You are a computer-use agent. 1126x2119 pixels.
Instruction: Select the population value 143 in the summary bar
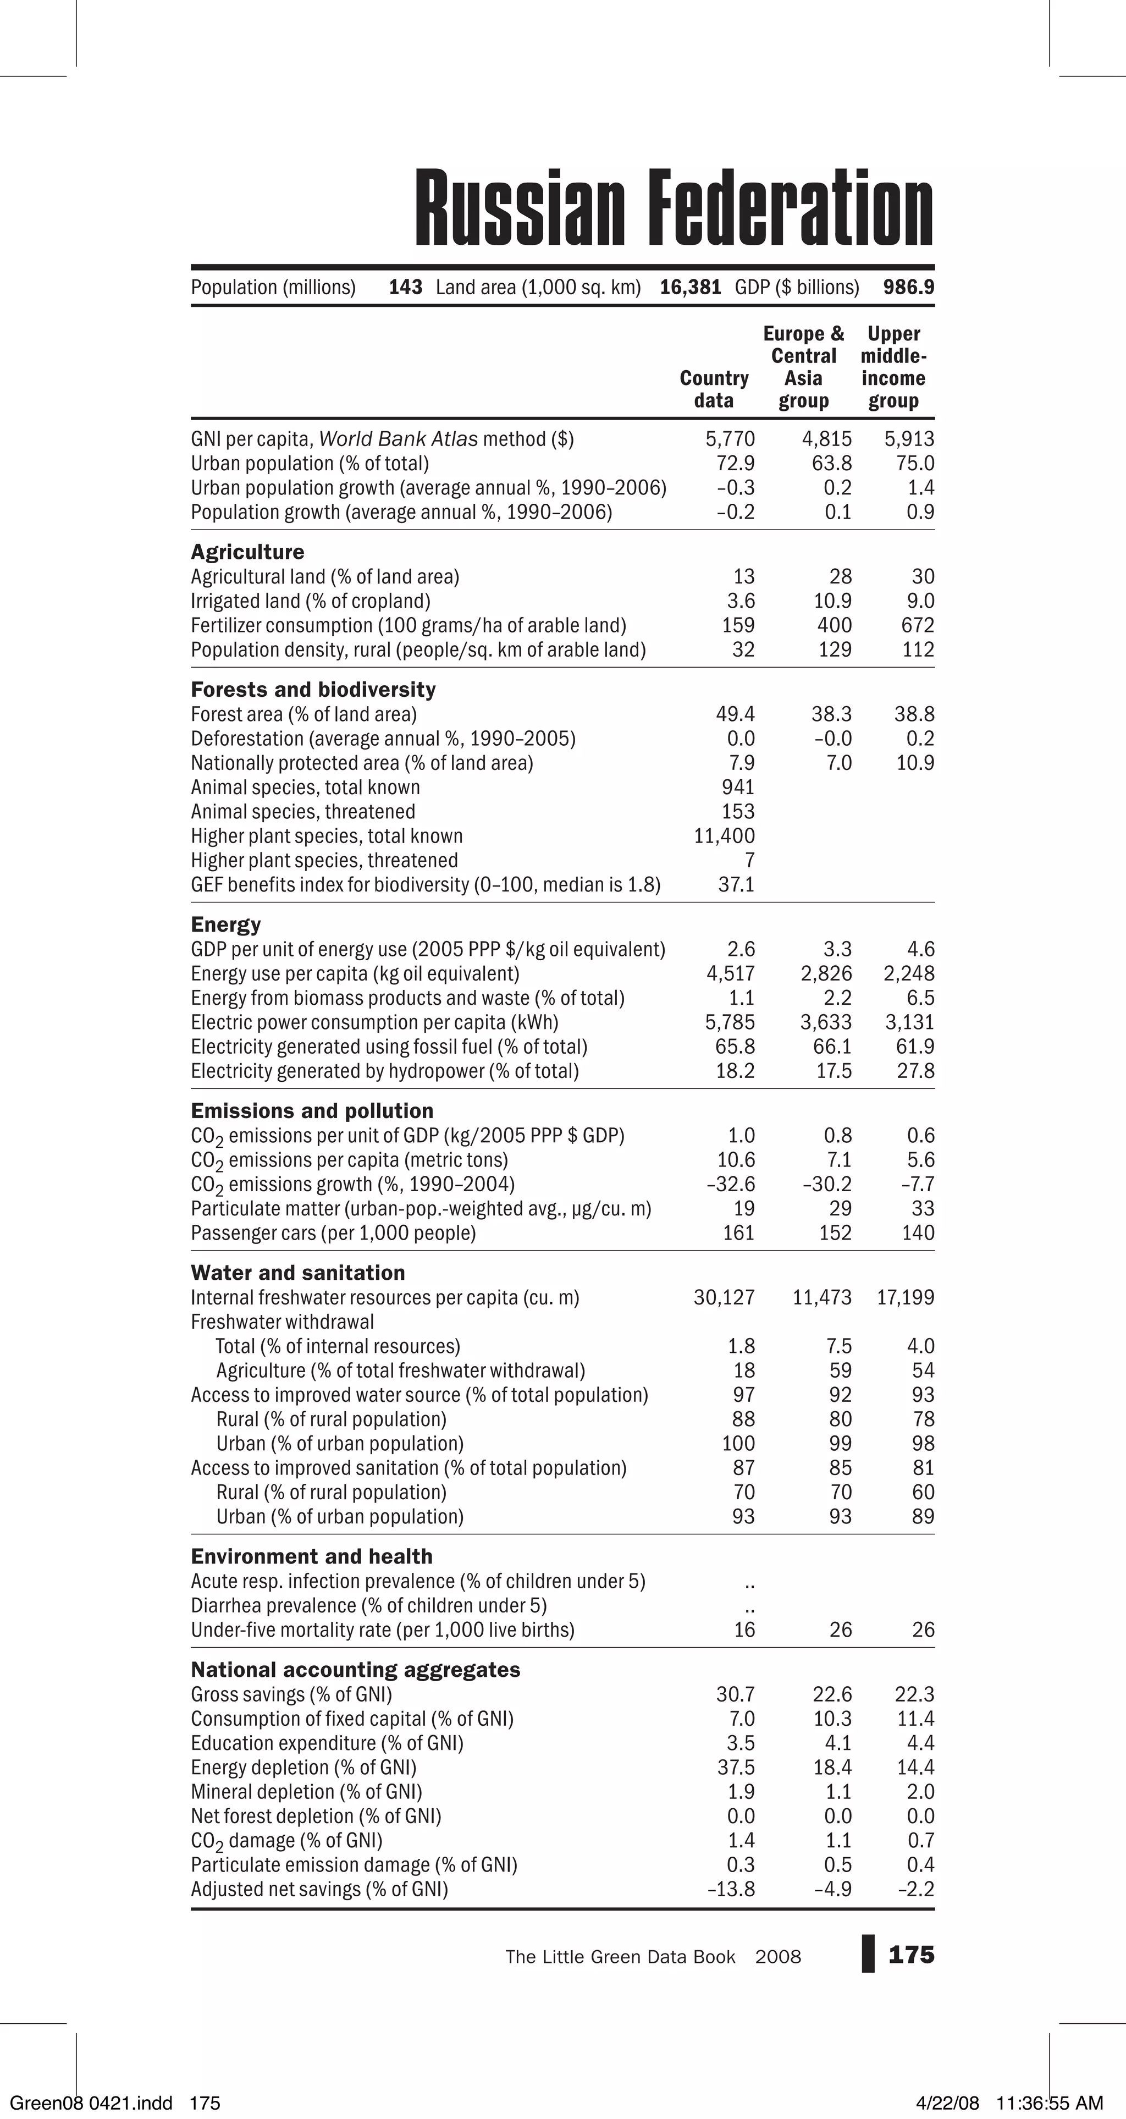(x=406, y=287)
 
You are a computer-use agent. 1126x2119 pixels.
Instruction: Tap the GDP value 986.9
(x=908, y=287)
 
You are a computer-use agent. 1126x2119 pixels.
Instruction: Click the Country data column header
(x=714, y=389)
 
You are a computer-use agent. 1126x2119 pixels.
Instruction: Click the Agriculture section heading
(x=247, y=552)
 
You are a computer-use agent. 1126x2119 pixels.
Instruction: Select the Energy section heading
(x=226, y=924)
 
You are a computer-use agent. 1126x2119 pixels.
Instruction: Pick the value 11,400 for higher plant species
(x=724, y=836)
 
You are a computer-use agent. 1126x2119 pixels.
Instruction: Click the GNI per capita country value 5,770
(x=730, y=439)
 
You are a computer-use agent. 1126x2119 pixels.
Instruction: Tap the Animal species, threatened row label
(x=303, y=812)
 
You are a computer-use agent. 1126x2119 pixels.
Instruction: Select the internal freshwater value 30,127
(x=724, y=1297)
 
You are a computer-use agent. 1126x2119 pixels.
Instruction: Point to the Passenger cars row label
(x=333, y=1233)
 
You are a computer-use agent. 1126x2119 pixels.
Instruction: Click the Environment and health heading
(x=312, y=1556)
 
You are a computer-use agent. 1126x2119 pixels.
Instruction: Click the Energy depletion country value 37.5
(x=735, y=1767)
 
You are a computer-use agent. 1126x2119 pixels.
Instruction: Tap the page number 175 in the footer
(x=912, y=1955)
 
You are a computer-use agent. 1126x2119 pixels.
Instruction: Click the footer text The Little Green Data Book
(x=620, y=1957)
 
